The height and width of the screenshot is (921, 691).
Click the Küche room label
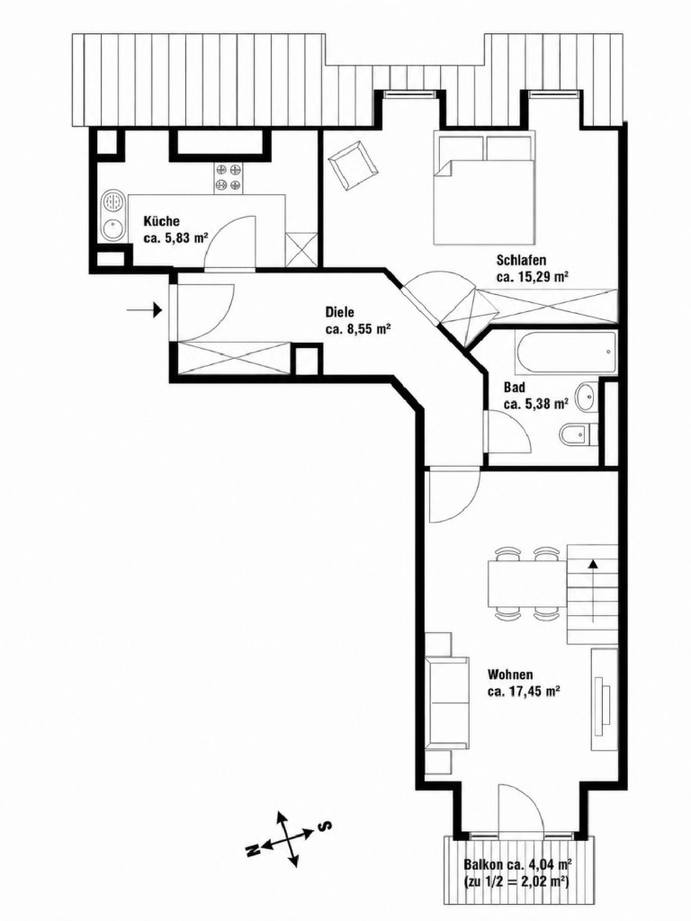[x=162, y=221]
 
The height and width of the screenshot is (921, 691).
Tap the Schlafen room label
[x=522, y=260]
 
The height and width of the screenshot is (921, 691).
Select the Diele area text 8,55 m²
[x=367, y=329]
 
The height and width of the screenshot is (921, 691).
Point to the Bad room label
[x=514, y=388]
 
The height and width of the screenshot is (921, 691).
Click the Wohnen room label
[x=510, y=675]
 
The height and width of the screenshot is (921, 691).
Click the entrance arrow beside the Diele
[x=145, y=308]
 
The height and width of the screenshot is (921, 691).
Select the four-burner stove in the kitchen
[x=229, y=177]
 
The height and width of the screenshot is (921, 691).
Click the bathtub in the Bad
[x=565, y=353]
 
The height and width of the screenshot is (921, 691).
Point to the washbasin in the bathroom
[x=586, y=397]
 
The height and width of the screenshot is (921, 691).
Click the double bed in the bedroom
[x=485, y=187]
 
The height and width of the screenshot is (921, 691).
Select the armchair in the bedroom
[x=352, y=165]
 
